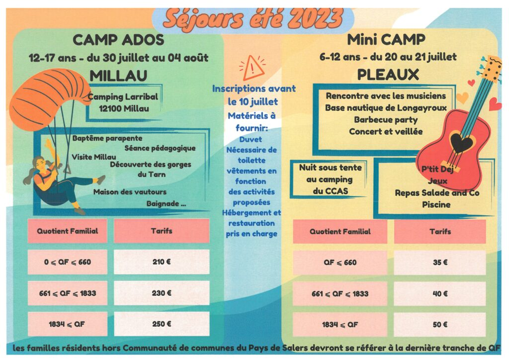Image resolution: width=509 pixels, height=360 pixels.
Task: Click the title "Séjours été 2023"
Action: tap(253, 19)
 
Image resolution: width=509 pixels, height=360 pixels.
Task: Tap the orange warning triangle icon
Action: tap(253, 69)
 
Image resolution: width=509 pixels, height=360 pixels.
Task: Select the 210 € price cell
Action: tap(162, 262)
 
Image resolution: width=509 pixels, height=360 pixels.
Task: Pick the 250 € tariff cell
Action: tap(162, 324)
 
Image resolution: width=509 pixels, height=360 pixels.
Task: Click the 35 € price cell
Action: tap(440, 262)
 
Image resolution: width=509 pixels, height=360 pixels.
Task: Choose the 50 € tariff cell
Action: tap(440, 325)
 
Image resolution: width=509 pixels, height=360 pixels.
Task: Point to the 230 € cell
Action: tap(162, 293)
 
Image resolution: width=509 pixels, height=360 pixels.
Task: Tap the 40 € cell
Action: tap(440, 294)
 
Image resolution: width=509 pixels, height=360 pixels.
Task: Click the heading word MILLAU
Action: tap(118, 76)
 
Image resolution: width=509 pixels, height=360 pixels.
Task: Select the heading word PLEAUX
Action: tap(388, 75)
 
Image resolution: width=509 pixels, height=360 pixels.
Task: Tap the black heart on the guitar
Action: tap(462, 143)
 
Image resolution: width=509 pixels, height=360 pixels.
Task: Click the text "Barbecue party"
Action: tap(386, 120)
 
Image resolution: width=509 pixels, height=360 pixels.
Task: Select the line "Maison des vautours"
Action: tap(130, 192)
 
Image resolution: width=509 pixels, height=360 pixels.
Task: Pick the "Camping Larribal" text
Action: tap(123, 97)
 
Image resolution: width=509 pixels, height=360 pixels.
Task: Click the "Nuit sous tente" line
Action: tap(330, 168)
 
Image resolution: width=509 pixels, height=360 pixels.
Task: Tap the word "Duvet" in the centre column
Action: tap(251, 139)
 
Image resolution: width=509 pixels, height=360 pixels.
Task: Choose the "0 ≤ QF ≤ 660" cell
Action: tap(67, 262)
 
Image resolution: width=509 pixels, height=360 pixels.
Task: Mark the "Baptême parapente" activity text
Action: tap(107, 138)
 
